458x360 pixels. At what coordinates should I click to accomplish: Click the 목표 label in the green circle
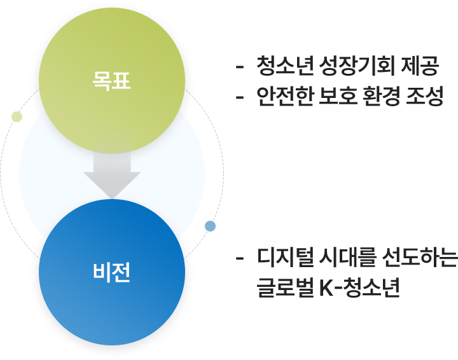pos(111,82)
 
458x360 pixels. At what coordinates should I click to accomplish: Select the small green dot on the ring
pos(17,116)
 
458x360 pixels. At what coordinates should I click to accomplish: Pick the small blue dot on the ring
pos(211,226)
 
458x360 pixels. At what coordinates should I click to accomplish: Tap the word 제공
pos(418,66)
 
